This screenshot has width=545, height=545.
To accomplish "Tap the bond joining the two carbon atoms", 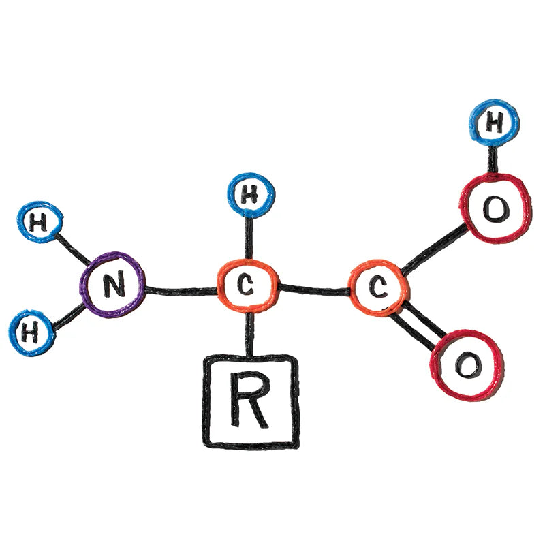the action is [314, 289].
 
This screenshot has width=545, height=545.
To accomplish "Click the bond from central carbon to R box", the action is [249, 334].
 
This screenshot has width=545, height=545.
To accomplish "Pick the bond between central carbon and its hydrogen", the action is [249, 238].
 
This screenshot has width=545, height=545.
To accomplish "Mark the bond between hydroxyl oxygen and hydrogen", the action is [492, 161].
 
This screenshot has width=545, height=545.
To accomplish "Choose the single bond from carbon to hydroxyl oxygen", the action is [435, 248].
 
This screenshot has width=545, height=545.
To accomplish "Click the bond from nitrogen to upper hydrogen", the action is [73, 247].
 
